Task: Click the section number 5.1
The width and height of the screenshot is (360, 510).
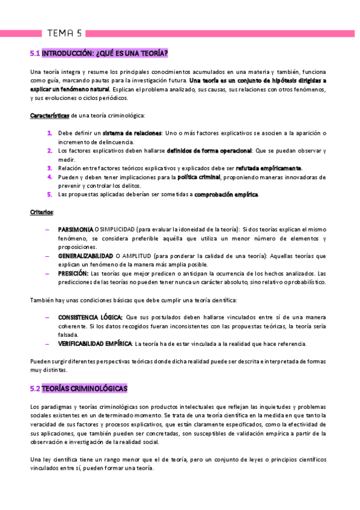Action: (34, 53)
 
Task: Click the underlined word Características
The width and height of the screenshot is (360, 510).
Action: (49, 115)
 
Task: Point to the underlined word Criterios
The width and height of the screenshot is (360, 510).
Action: (41, 212)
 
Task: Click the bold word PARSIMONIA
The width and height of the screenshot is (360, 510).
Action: (75, 230)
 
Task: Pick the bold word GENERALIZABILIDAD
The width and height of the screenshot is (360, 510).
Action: (86, 256)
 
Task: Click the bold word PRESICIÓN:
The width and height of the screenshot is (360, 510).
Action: (73, 273)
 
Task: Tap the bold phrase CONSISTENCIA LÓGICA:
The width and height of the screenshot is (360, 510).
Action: (90, 317)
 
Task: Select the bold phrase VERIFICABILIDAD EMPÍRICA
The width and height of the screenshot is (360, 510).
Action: (95, 343)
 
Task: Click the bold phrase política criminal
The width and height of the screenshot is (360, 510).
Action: (198, 177)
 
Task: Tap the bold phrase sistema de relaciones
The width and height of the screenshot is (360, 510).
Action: (132, 132)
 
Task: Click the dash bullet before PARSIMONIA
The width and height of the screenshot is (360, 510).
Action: (47, 230)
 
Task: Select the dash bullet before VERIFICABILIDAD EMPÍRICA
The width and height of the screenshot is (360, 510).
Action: (47, 343)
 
